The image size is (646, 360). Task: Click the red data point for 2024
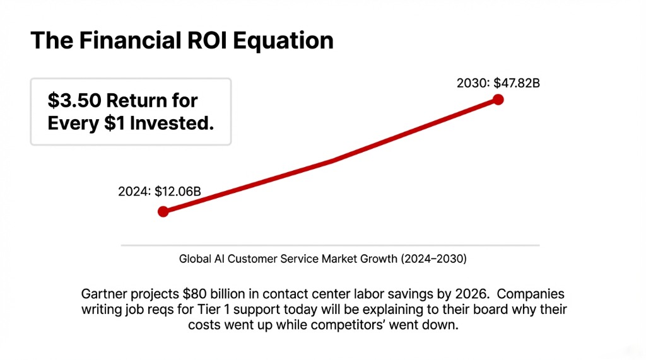point(163,211)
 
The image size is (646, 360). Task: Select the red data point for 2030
point(498,99)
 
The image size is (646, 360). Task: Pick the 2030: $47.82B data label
point(498,83)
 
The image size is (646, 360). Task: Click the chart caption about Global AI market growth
point(323,258)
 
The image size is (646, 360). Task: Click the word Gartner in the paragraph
point(102,294)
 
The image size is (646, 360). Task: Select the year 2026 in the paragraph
point(473,294)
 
